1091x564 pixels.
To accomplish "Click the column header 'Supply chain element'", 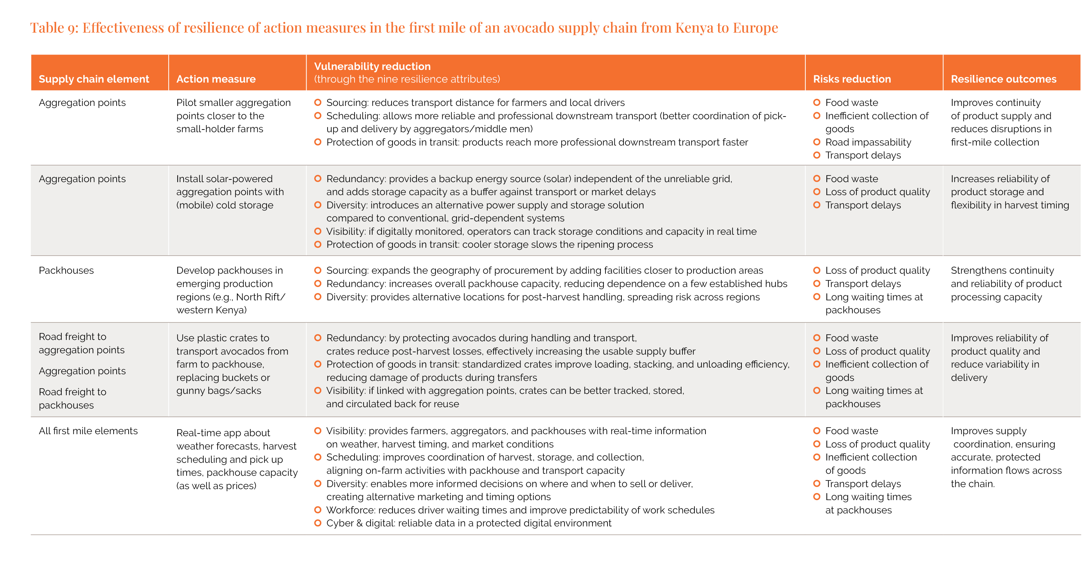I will [94, 79].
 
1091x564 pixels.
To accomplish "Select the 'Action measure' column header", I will [216, 79].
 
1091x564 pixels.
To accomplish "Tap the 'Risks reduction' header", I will [852, 79].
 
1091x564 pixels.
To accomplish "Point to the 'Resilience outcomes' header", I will [1003, 79].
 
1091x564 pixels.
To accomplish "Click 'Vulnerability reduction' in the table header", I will [372, 67].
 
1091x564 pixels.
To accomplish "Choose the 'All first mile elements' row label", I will [88, 431].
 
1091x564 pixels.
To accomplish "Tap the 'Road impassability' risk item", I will [868, 142].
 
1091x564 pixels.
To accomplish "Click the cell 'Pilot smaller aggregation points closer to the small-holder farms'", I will [233, 116].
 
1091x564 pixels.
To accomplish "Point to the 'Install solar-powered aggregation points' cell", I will [230, 192].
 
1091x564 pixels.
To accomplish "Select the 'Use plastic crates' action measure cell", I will [232, 364].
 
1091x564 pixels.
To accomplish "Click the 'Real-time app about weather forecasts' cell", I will [236, 459].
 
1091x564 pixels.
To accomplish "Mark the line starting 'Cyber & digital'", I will [469, 523].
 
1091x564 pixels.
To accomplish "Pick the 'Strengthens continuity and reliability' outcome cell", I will [1006, 283].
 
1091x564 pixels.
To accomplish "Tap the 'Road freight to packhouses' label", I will [72, 398].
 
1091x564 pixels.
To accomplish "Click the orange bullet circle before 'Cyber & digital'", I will [318, 523].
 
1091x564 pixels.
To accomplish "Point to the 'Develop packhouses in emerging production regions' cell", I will [231, 290].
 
